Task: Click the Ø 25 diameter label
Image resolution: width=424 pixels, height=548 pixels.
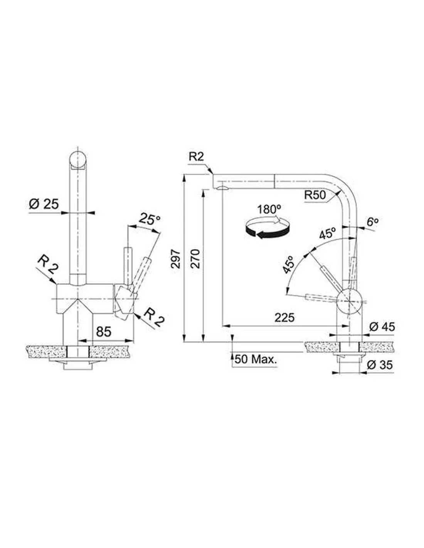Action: pos(44,204)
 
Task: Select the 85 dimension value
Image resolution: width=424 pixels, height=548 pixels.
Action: pos(104,332)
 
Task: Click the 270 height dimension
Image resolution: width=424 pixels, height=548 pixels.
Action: pos(195,259)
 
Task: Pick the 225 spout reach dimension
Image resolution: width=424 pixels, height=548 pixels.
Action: pos(284,318)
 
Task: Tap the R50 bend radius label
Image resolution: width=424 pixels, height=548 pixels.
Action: pos(315,195)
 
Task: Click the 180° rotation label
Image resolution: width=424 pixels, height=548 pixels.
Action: pos(269,210)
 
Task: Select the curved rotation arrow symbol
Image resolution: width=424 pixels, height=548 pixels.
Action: pos(268,228)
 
